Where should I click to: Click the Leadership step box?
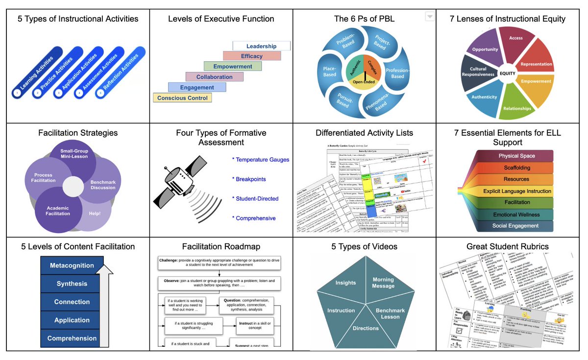click(x=261, y=46)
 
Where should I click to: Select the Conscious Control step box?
click(x=182, y=98)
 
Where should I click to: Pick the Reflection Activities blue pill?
click(x=120, y=74)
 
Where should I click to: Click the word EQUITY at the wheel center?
click(x=508, y=73)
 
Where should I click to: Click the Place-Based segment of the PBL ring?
click(x=330, y=72)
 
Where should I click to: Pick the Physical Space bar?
click(x=516, y=156)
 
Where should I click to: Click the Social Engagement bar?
click(x=515, y=226)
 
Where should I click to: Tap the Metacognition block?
click(x=72, y=265)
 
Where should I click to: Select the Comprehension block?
click(x=72, y=338)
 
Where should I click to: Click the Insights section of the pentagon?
click(x=345, y=283)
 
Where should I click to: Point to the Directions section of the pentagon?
click(x=365, y=328)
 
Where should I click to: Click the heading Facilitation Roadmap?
click(x=221, y=246)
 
